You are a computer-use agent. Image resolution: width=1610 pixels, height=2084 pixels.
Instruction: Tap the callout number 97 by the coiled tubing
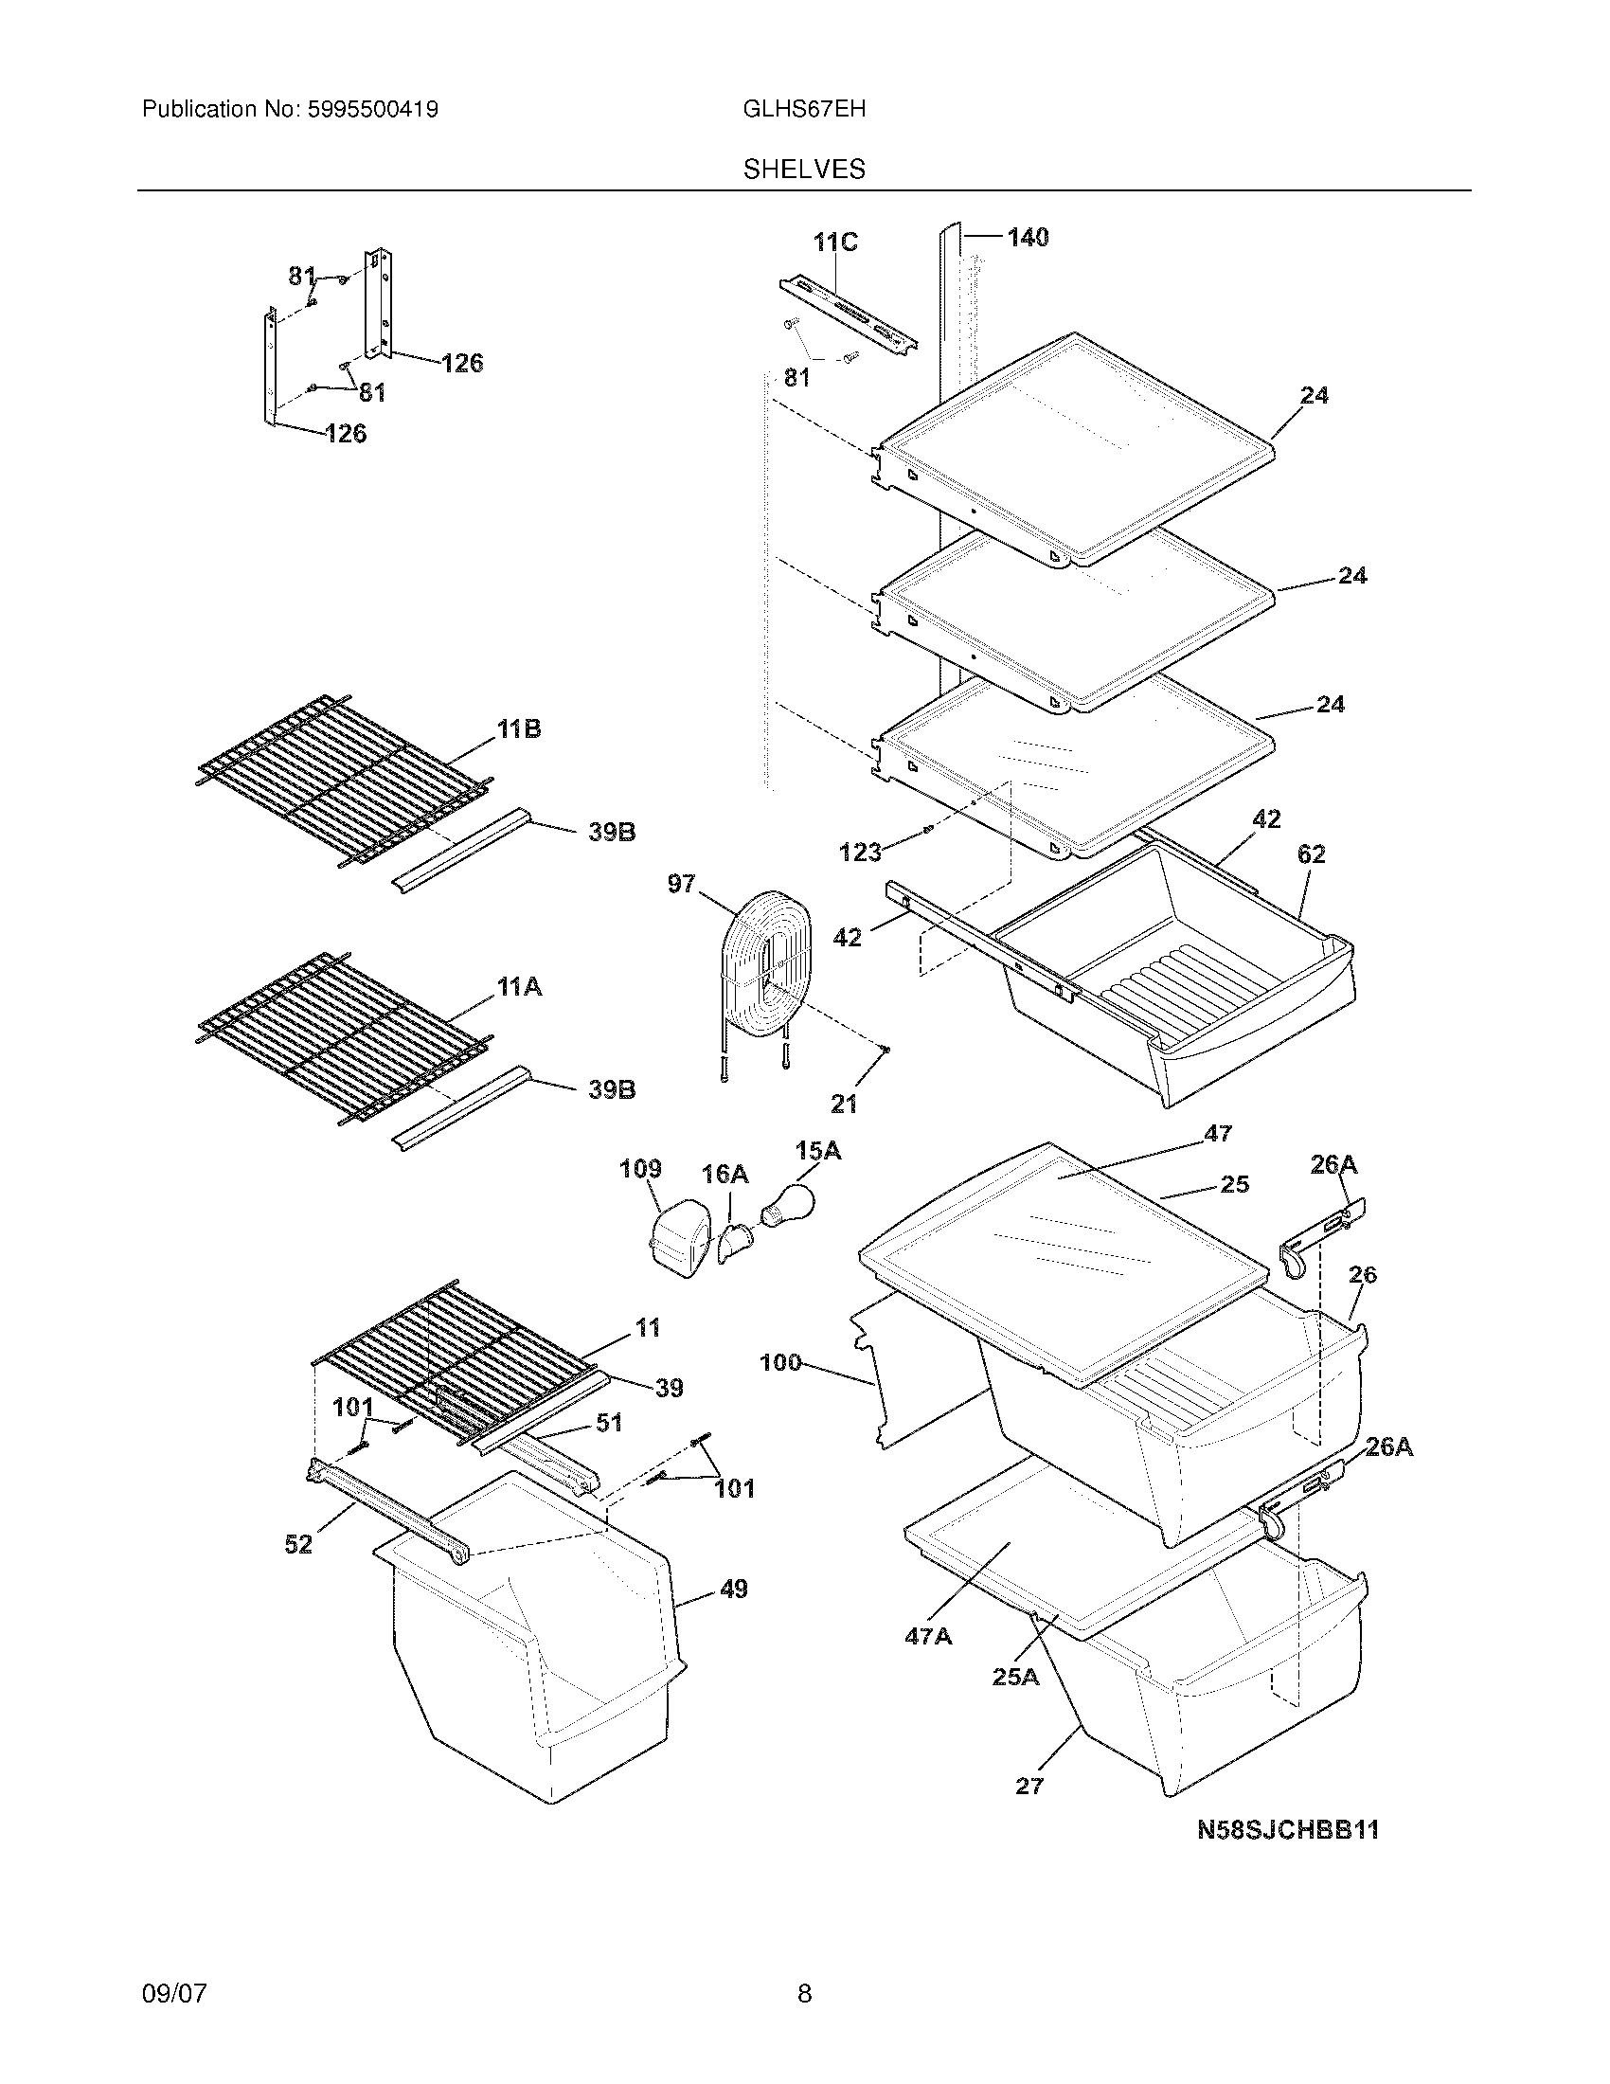(681, 884)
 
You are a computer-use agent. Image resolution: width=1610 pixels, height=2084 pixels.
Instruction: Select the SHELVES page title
(804, 169)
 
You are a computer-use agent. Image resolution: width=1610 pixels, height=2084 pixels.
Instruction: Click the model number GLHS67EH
(804, 109)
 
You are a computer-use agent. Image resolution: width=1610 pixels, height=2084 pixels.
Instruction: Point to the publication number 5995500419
(371, 109)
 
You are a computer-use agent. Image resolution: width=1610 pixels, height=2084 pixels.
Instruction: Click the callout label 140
(1028, 238)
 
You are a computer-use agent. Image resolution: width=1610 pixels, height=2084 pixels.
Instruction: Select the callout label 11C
(834, 243)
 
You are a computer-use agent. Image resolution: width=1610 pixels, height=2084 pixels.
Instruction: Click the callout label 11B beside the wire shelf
(518, 729)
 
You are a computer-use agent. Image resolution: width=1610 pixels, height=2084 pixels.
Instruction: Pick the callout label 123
(859, 853)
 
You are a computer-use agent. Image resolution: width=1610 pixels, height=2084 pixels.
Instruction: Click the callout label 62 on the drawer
(1312, 854)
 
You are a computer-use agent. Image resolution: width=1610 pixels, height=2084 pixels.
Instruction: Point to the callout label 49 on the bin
(732, 1589)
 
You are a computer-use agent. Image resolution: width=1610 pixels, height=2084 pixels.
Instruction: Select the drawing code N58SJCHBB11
(1288, 1829)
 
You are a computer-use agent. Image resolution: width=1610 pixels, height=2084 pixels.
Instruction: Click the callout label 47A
(928, 1637)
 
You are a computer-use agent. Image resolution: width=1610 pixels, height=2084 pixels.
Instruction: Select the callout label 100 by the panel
(780, 1362)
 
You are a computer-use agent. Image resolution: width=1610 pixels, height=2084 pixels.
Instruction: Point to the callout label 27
(1029, 1786)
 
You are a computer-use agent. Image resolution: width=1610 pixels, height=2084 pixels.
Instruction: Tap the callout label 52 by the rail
(298, 1544)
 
